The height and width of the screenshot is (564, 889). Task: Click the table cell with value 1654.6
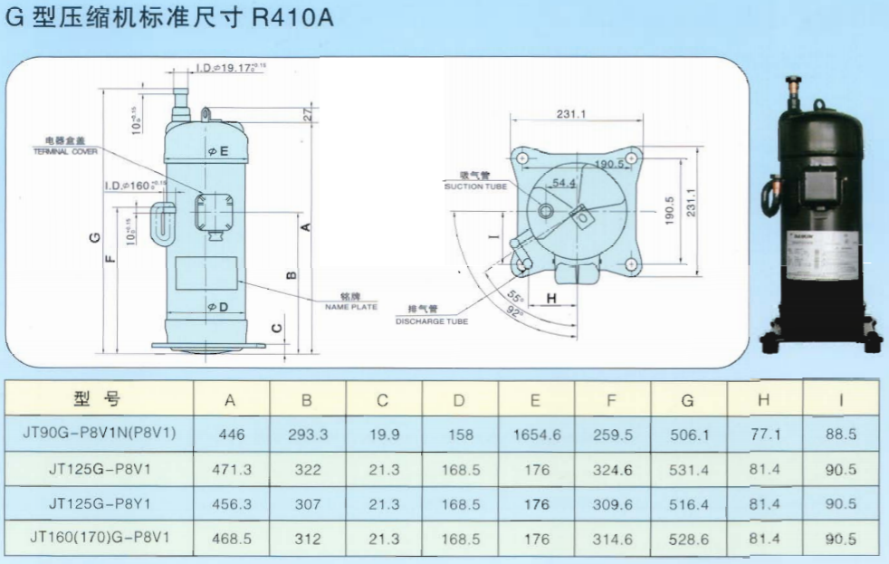click(x=537, y=435)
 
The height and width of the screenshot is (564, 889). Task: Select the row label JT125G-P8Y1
click(x=100, y=504)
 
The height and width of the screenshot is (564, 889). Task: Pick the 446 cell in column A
click(x=232, y=435)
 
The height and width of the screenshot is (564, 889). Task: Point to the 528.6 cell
click(x=690, y=539)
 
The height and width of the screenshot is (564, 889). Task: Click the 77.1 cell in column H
click(x=766, y=435)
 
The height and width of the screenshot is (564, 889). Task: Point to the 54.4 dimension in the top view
click(x=566, y=183)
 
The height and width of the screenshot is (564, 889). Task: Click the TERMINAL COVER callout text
click(x=65, y=152)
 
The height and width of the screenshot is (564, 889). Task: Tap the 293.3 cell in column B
click(x=308, y=435)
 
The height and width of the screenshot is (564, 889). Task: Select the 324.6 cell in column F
click(x=614, y=470)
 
